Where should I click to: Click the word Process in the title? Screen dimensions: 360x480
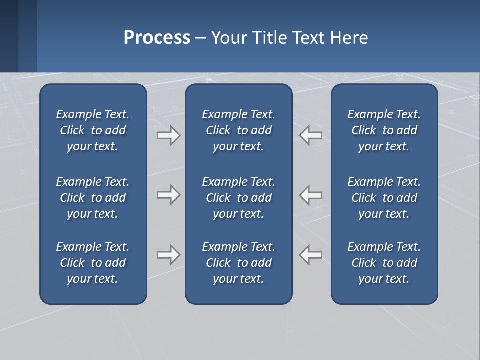[x=157, y=38]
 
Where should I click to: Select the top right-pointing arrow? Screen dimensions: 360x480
[x=168, y=135]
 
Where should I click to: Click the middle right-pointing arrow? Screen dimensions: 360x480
[x=168, y=195]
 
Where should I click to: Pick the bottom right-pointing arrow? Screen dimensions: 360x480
[x=168, y=255]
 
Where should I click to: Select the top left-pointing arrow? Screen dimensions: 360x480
[x=311, y=135]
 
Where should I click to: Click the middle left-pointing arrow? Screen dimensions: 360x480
[x=311, y=195]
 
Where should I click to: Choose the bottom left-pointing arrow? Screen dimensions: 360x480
[x=311, y=255]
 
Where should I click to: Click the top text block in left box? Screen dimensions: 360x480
[x=93, y=130]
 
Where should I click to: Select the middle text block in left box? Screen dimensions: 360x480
[x=93, y=198]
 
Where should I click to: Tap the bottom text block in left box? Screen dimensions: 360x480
[x=93, y=263]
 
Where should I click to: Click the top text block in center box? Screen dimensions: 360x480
[x=238, y=130]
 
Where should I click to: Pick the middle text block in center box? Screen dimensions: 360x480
[x=238, y=198]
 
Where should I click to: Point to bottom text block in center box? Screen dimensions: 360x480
[x=238, y=263]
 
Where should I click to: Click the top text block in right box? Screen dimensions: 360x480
[x=384, y=130]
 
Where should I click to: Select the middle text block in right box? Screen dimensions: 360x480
[x=384, y=198]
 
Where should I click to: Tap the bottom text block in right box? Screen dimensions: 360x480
[x=384, y=263]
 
